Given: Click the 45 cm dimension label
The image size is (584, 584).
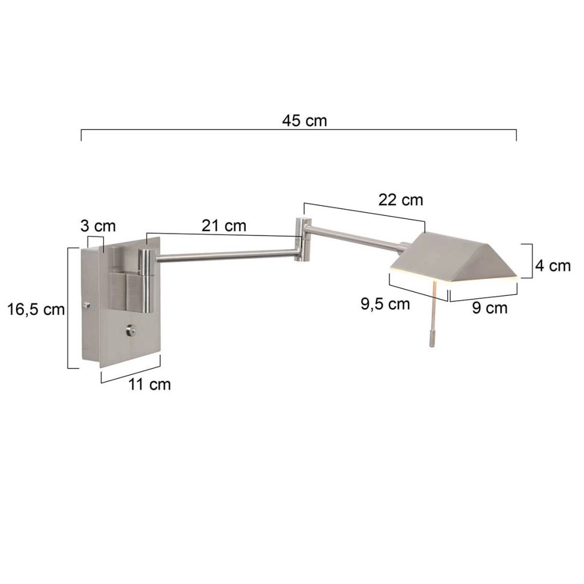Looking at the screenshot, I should tap(305, 120).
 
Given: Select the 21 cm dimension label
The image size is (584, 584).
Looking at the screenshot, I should tap(224, 225).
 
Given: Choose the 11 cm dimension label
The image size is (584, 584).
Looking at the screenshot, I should tap(149, 384).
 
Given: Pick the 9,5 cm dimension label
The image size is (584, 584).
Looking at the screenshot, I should tap(385, 303).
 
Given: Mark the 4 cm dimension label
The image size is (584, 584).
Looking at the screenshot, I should tap(552, 265).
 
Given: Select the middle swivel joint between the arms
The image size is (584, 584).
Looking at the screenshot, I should tap(302, 240).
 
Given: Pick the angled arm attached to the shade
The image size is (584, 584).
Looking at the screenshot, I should tap(356, 238).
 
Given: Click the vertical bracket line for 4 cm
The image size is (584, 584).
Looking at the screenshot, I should tap(532, 261).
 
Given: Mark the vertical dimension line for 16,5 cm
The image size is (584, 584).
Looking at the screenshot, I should tap(69, 308).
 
